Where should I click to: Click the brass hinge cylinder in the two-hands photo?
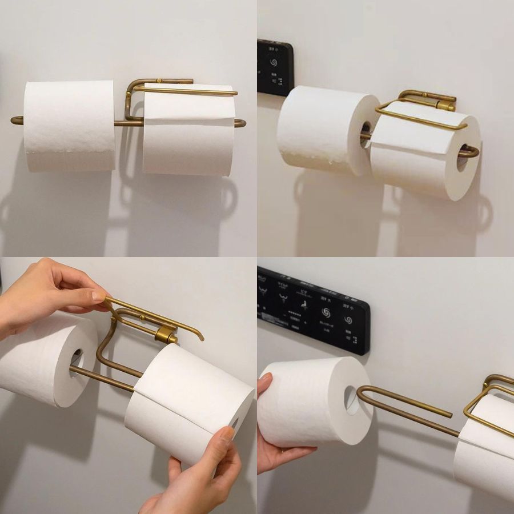(166, 335)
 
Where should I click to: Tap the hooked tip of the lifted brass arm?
(200, 337)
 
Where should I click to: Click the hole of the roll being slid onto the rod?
(351, 399)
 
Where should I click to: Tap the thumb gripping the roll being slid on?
(265, 383)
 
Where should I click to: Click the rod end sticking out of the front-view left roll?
(17, 120)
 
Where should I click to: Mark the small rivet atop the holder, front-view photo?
(160, 81)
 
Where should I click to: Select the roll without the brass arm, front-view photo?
(70, 126)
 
